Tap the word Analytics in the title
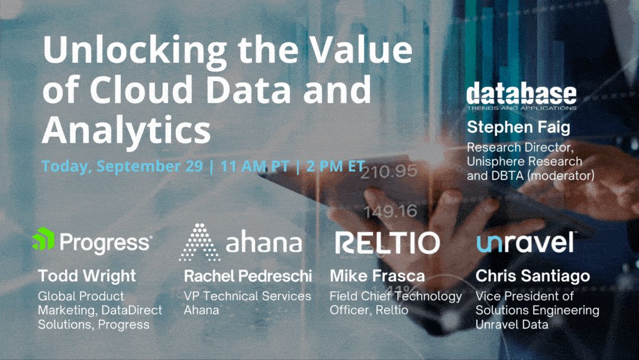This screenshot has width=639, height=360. coord(127,130)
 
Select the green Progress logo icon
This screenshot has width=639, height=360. coord(43,239)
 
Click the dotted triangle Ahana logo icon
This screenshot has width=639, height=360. coord(200,242)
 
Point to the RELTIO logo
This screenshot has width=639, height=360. coord(388,243)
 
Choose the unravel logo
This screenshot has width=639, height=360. coord(525,242)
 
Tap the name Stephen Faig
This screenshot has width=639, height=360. coord(518,127)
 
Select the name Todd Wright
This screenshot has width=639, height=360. coord(87,276)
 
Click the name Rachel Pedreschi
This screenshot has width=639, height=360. coord(248,276)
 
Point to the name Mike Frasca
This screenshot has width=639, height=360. coord(377,276)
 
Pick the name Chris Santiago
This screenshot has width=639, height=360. coord(532,276)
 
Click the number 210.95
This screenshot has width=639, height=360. coord(389,172)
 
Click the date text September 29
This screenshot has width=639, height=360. coord(150,166)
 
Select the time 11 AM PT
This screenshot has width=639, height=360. coord(254,166)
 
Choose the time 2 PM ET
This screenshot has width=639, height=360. coord(335,166)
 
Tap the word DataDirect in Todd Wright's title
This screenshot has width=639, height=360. coord(131,310)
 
